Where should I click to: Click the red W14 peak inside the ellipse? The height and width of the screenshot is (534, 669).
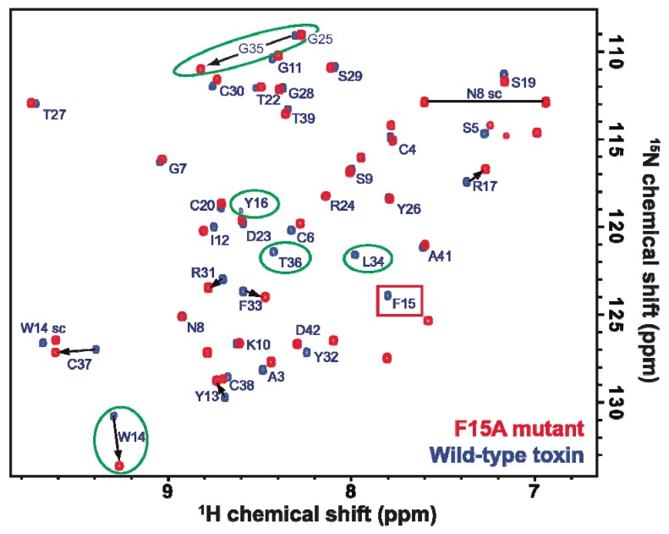tap(119, 465)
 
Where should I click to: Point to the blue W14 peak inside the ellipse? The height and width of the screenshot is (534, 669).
tap(114, 416)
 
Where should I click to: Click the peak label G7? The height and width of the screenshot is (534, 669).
tap(178, 168)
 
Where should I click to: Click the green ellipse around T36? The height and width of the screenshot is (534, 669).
tap(285, 260)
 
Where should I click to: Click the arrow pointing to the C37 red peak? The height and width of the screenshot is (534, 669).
tap(76, 350)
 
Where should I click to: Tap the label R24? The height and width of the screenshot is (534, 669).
tap(343, 206)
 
